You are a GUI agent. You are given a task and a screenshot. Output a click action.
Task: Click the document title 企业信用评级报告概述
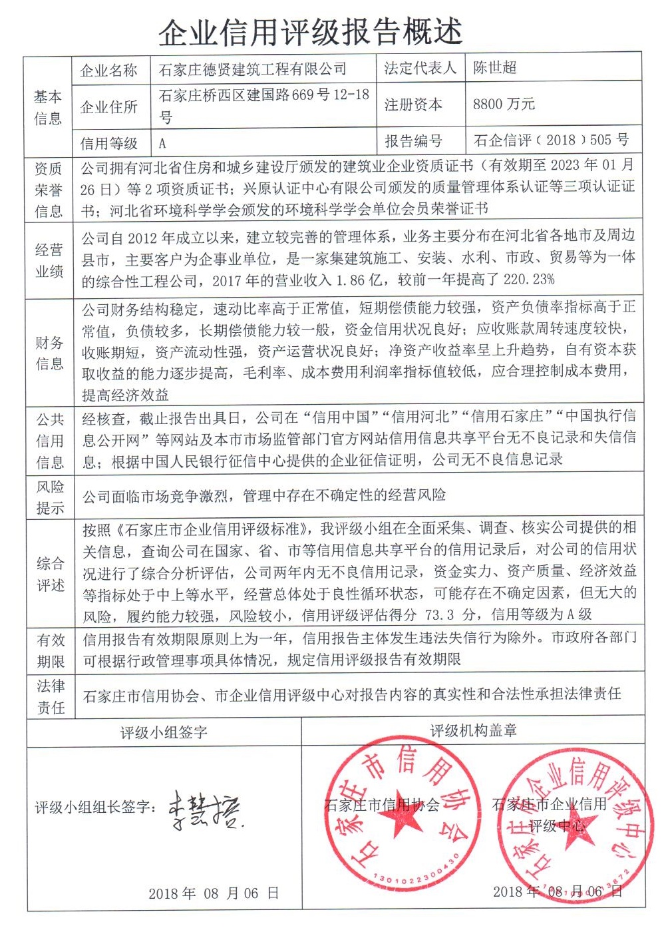pos(310,31)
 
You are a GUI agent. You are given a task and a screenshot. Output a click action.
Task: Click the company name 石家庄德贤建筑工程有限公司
pos(253,69)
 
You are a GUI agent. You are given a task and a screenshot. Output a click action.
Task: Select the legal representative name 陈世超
pos(495,68)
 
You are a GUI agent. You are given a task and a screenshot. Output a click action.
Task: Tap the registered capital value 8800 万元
pos(504,104)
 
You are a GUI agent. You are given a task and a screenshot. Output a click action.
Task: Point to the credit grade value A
pos(162,142)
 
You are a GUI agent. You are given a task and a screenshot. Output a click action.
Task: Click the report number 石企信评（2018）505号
pos(551,140)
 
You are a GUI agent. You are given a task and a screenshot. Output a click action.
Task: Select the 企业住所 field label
pos(108,107)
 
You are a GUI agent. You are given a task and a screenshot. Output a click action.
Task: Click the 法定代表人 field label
pos(420,68)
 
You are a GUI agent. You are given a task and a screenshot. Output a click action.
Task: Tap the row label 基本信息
pos(48,107)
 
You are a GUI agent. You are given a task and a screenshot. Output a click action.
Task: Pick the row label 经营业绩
pos(49,260)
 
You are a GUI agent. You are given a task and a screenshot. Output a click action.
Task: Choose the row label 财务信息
pos(49,353)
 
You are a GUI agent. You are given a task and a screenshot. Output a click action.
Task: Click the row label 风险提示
pos(50,497)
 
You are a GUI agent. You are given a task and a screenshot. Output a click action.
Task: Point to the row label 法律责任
pos(51,696)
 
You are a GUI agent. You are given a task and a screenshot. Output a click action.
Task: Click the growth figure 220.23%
pos(530,280)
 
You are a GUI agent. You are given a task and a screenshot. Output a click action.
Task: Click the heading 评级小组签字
pos(164,732)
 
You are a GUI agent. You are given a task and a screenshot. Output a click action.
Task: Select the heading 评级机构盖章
pos(473,730)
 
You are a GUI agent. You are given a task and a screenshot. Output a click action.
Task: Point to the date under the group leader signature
pos(213,893)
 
